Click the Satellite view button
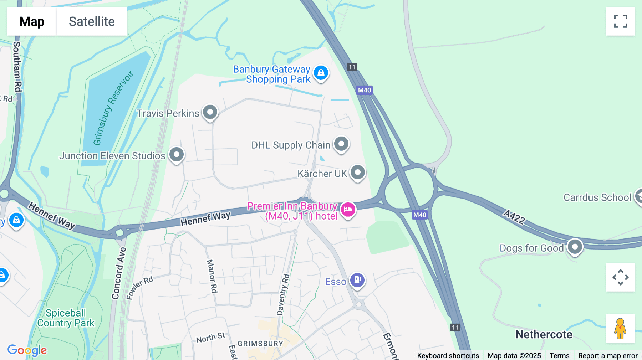[x=92, y=21]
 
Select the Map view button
[x=32, y=21]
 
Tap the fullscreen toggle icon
[x=620, y=21]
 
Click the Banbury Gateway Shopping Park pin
[x=321, y=73]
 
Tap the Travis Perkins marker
[x=210, y=112]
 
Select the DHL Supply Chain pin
[x=341, y=144]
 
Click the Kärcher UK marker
[x=358, y=173]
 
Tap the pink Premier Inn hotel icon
[x=348, y=210]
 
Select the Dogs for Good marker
[x=575, y=247]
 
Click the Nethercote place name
[x=544, y=334]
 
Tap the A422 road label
[x=514, y=217]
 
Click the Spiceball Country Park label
[x=66, y=318]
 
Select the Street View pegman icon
[x=620, y=329]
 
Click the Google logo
[x=27, y=350]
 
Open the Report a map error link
[x=608, y=356]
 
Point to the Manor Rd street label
[x=212, y=276]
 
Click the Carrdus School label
[x=597, y=197]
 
